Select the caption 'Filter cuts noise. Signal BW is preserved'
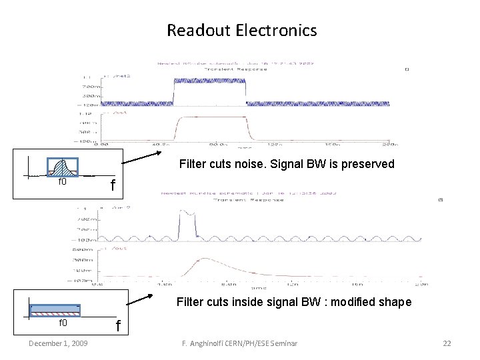[x=287, y=164]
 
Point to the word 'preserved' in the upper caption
[x=371, y=164]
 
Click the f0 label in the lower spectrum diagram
[x=63, y=323]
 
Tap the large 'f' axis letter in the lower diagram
[x=118, y=327]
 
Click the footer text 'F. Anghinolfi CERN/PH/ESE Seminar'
[x=239, y=343]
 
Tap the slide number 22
[x=447, y=343]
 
